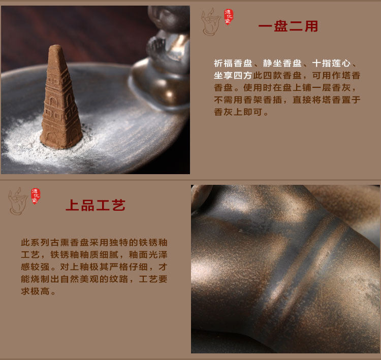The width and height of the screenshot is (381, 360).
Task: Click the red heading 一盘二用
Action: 288,26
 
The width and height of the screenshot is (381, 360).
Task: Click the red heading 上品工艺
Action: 96,205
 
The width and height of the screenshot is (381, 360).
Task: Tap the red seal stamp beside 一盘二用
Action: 229,17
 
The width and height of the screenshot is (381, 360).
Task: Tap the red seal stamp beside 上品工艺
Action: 36,196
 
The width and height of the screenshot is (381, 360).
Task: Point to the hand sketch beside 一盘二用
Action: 210,22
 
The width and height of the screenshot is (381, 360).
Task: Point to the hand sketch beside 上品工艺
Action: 18,201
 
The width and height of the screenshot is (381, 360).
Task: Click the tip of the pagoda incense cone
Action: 56,46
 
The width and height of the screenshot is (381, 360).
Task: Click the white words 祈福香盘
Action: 233,63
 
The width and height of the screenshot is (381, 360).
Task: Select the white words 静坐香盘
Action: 282,63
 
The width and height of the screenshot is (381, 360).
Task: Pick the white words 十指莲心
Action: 331,63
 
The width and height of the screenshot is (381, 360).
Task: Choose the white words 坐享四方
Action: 233,76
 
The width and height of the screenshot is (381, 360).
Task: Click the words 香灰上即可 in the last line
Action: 238,112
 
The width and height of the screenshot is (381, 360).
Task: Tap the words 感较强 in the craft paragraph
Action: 35,267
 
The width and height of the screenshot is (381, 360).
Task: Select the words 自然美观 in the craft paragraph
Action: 79,279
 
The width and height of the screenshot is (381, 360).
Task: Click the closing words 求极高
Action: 35,291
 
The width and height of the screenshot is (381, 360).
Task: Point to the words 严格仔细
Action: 129,267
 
